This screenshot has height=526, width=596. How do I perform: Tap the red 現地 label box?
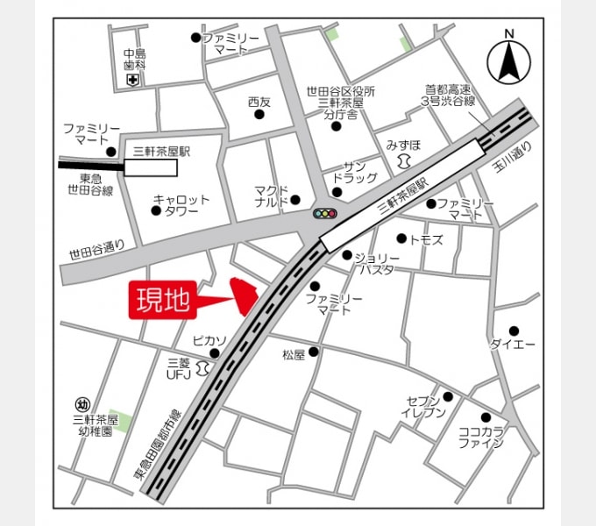[x=162, y=300]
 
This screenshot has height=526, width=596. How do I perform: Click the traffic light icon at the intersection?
[x=324, y=213]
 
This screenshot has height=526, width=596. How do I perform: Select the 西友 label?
[x=259, y=102]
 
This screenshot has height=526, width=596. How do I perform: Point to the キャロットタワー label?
[x=181, y=205]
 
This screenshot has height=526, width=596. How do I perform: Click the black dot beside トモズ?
[x=401, y=238]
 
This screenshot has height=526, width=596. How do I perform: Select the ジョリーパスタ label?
[x=376, y=263]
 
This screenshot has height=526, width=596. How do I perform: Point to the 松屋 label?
[x=294, y=355]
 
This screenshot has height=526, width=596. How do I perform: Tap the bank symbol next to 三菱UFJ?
[x=203, y=367]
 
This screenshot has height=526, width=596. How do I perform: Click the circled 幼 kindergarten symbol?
[x=82, y=404]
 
